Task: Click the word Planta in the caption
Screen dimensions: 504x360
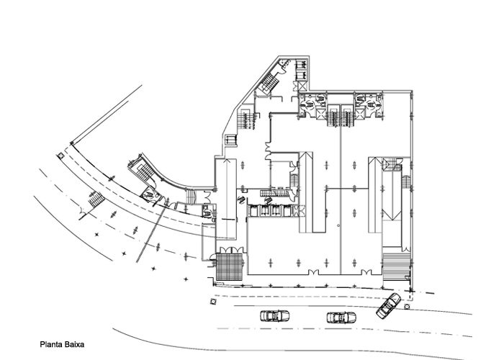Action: [51, 345]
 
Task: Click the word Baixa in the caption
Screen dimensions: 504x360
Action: [75, 345]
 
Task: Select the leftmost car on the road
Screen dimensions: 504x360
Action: [274, 316]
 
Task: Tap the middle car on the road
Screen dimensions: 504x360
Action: [341, 318]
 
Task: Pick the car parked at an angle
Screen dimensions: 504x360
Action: [389, 305]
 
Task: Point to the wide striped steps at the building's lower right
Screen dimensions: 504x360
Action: [396, 266]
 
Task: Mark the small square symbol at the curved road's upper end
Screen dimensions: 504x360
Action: [60, 156]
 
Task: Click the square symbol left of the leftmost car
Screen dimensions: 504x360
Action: [213, 301]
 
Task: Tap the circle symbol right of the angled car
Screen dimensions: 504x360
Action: [407, 307]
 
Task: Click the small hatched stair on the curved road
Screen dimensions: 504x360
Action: [96, 199]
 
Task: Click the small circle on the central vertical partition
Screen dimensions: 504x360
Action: [338, 225]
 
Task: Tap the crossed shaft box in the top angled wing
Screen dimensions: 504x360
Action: [302, 86]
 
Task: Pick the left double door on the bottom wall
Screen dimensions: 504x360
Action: [313, 273]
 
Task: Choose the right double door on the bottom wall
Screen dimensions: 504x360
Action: [366, 273]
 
